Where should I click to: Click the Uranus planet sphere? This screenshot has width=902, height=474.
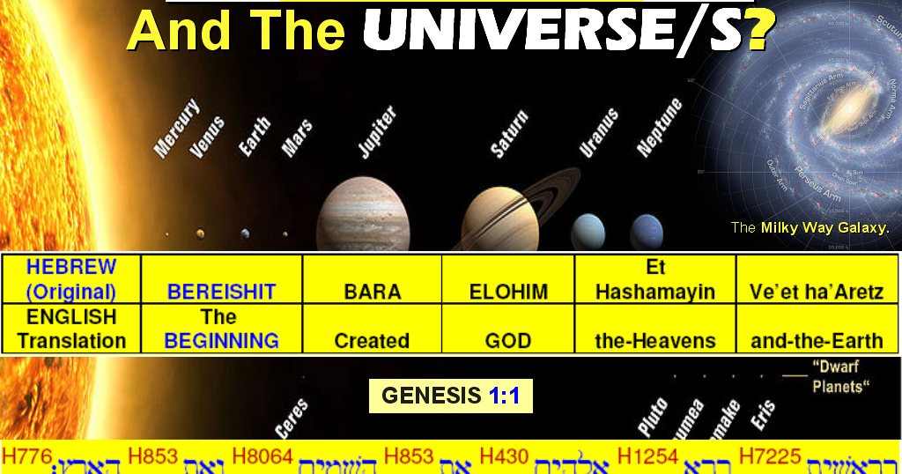[x=588, y=232]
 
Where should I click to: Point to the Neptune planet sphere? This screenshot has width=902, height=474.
[x=647, y=231]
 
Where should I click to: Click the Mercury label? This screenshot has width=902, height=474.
[x=176, y=130]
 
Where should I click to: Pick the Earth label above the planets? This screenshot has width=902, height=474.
[x=255, y=137]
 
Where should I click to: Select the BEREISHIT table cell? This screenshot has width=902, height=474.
[x=222, y=292]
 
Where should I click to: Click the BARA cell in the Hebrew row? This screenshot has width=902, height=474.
[x=372, y=292]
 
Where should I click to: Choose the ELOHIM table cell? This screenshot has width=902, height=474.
[x=508, y=292]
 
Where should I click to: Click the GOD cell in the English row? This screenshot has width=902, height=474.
[x=508, y=340]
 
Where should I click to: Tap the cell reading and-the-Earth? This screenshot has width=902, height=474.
[x=817, y=340]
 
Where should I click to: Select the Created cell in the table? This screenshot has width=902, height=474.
[x=372, y=340]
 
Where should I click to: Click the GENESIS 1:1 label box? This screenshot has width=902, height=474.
[x=450, y=396]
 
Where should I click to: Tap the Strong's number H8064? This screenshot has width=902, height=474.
[x=262, y=456]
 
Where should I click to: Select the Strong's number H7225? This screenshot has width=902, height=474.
[x=771, y=456]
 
